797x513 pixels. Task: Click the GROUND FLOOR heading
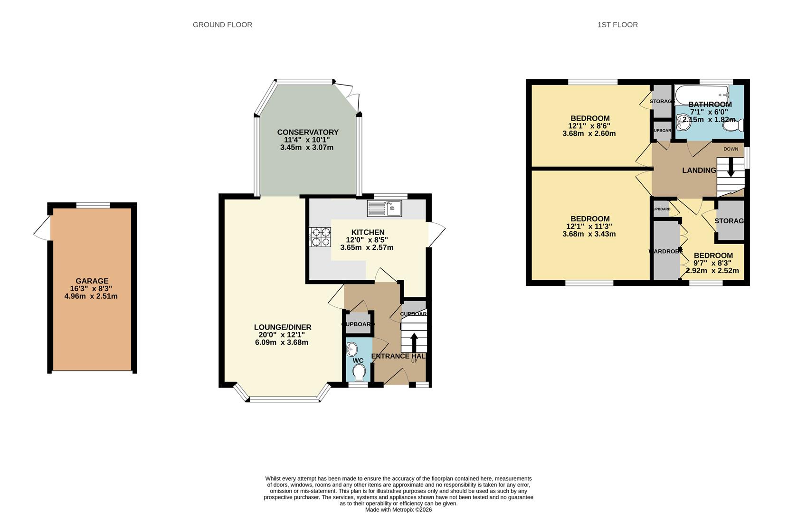(222, 25)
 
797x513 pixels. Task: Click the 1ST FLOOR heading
(617, 25)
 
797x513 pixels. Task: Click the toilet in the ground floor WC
(359, 372)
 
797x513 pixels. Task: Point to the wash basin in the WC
(352, 349)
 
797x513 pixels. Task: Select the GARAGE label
(92, 281)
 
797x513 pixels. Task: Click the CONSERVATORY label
(308, 132)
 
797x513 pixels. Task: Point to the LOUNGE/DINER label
(283, 327)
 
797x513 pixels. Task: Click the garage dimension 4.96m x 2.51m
(91, 296)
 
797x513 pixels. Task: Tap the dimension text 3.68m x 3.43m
(589, 234)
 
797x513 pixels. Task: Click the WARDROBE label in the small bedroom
(665, 251)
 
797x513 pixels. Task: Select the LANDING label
(699, 170)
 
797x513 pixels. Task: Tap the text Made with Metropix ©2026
(398, 510)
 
